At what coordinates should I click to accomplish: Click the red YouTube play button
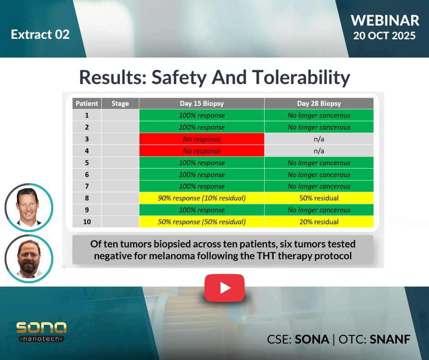coord(224,288)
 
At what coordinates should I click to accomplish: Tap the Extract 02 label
coord(40,34)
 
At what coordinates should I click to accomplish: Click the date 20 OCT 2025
coord(384,36)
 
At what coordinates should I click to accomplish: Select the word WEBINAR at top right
coord(385,20)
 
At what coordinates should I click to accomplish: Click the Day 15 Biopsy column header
coord(201,104)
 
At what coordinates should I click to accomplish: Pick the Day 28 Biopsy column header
coord(319,104)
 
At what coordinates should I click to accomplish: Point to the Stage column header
coord(120,104)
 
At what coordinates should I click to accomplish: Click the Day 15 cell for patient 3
coord(201,139)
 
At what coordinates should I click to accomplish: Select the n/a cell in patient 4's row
coord(319,151)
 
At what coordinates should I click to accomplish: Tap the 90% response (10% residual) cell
coord(201,198)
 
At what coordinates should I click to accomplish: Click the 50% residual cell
coord(319,198)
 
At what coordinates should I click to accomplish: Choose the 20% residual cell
coord(319,222)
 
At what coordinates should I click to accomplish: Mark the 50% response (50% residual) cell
coord(201,222)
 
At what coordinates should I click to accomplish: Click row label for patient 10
coord(87,222)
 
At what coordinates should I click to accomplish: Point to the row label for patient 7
coord(87,186)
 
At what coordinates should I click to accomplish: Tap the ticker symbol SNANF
coord(390,339)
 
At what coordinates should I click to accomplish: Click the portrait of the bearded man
coord(29,258)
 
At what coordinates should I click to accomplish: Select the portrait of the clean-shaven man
coord(29,207)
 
